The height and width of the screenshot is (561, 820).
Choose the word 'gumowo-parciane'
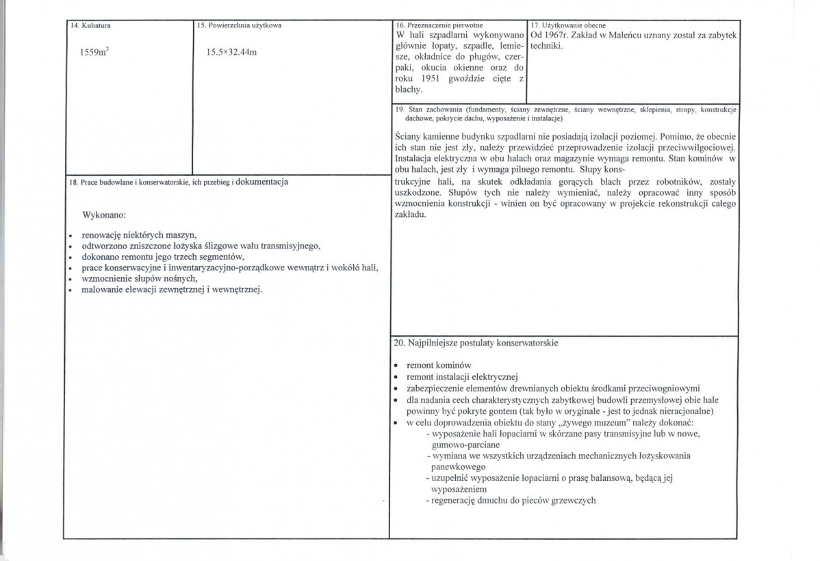pyautogui.click(x=469, y=445)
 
